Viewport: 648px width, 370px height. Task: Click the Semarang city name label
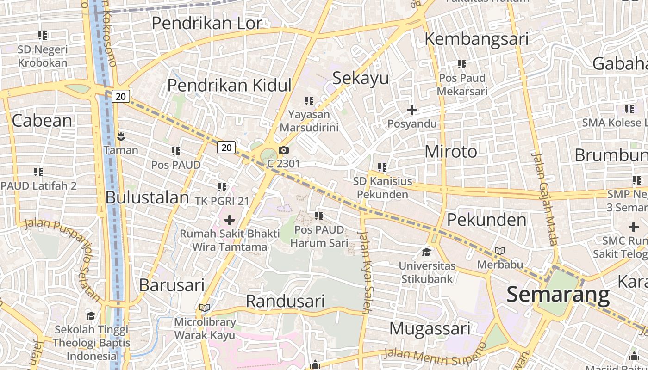558,295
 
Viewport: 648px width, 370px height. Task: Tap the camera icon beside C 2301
284,150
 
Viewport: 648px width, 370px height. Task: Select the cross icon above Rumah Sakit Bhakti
229,220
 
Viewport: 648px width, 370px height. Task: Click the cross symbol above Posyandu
411,110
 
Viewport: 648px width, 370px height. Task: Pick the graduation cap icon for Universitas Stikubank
426,252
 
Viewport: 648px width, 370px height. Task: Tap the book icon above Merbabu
500,251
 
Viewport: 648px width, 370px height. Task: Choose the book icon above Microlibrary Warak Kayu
205,308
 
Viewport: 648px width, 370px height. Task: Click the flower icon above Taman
121,136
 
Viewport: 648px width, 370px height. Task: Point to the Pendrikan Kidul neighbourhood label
229,86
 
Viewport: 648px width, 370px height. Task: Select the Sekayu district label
361,78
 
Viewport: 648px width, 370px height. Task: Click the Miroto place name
450,152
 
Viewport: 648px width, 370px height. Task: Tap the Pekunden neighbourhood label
486,220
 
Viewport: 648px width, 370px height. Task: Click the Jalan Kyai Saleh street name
364,273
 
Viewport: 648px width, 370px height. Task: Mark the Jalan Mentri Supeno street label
435,353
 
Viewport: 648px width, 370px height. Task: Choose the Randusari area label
285,301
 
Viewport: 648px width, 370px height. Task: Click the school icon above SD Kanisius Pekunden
382,167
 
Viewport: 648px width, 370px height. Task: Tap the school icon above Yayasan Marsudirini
309,100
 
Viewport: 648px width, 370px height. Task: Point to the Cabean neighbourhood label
42,121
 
